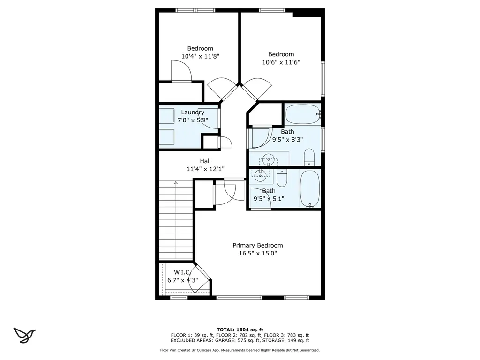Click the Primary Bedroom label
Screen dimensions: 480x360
[258, 245]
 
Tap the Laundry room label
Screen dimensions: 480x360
[193, 112]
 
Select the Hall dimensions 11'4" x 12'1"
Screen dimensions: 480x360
[205, 169]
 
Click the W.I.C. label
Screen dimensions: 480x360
[182, 272]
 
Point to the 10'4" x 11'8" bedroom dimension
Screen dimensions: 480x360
[201, 56]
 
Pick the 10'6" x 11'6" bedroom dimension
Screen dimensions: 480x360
[281, 62]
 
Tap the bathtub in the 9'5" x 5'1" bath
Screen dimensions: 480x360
[310, 189]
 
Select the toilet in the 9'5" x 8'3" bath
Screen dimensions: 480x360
[309, 157]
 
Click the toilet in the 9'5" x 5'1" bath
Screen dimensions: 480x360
[281, 178]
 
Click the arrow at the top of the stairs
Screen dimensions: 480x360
[176, 183]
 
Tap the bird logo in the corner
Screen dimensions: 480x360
[24, 335]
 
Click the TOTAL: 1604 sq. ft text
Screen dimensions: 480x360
[240, 330]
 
